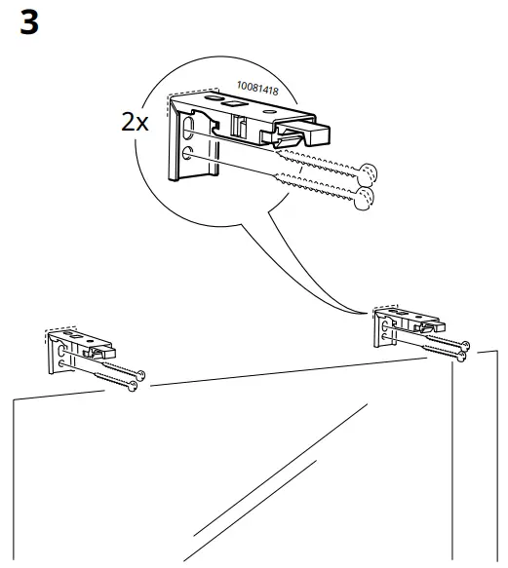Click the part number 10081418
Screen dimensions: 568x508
click(x=260, y=91)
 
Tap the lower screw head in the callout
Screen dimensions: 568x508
click(x=364, y=200)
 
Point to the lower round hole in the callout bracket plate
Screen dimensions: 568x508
click(x=187, y=154)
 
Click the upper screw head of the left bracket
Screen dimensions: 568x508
click(x=141, y=374)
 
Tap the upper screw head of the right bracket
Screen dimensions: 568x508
click(x=466, y=346)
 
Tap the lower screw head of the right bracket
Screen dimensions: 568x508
click(x=458, y=358)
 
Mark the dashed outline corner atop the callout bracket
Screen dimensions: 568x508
click(x=173, y=95)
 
